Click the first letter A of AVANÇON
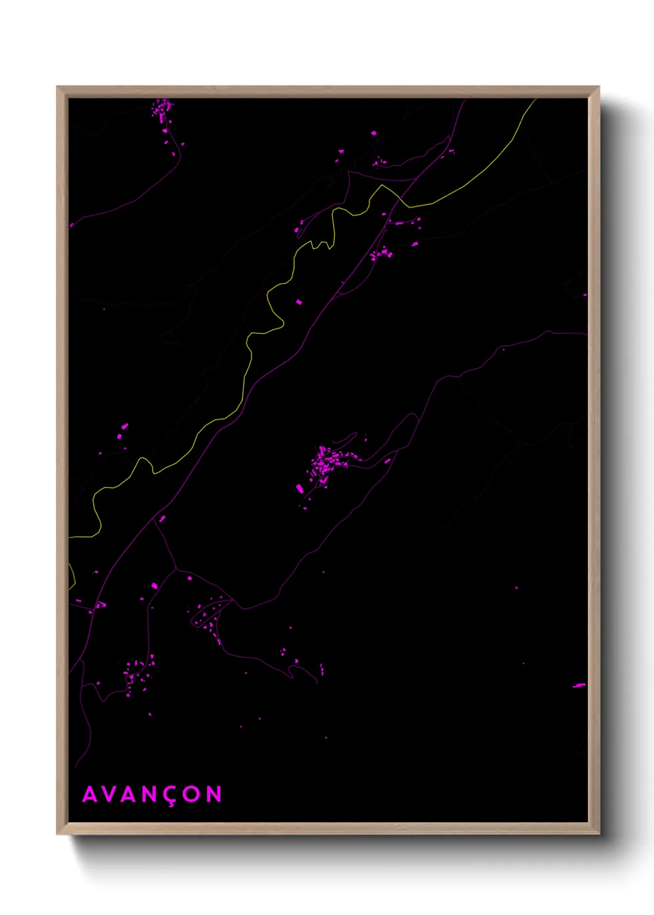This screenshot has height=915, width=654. [x=90, y=794]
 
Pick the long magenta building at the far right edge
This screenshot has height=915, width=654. [x=579, y=685]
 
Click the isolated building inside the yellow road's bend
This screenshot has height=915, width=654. [x=299, y=302]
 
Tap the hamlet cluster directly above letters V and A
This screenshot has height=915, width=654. [x=137, y=674]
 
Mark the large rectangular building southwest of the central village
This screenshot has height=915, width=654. [x=300, y=488]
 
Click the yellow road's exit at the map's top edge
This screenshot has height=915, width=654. [x=535, y=100]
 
